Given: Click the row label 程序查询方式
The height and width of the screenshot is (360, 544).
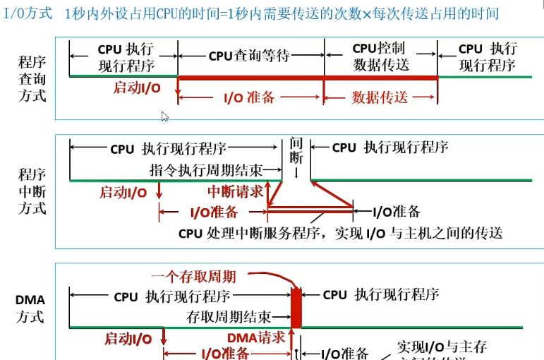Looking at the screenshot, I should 32,78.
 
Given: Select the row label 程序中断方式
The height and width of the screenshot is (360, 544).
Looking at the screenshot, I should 32,191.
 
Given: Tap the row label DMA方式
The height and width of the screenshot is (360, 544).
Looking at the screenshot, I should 30,308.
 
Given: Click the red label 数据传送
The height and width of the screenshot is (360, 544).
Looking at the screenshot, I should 380,97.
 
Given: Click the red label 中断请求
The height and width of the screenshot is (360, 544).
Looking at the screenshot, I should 235,191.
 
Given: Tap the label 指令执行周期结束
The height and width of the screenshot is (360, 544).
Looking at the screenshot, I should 207,170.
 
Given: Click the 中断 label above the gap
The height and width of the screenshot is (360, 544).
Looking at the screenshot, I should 296,150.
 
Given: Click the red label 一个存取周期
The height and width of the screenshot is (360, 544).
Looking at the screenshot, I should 203,276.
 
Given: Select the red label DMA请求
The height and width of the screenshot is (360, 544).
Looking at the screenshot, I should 256,337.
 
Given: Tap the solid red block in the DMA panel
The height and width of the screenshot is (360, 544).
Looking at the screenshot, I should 296,308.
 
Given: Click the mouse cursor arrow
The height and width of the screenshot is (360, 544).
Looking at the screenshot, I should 164,117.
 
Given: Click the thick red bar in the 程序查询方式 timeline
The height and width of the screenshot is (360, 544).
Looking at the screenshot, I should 307,77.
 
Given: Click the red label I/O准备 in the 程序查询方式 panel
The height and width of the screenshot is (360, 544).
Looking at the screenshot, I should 249,97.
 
